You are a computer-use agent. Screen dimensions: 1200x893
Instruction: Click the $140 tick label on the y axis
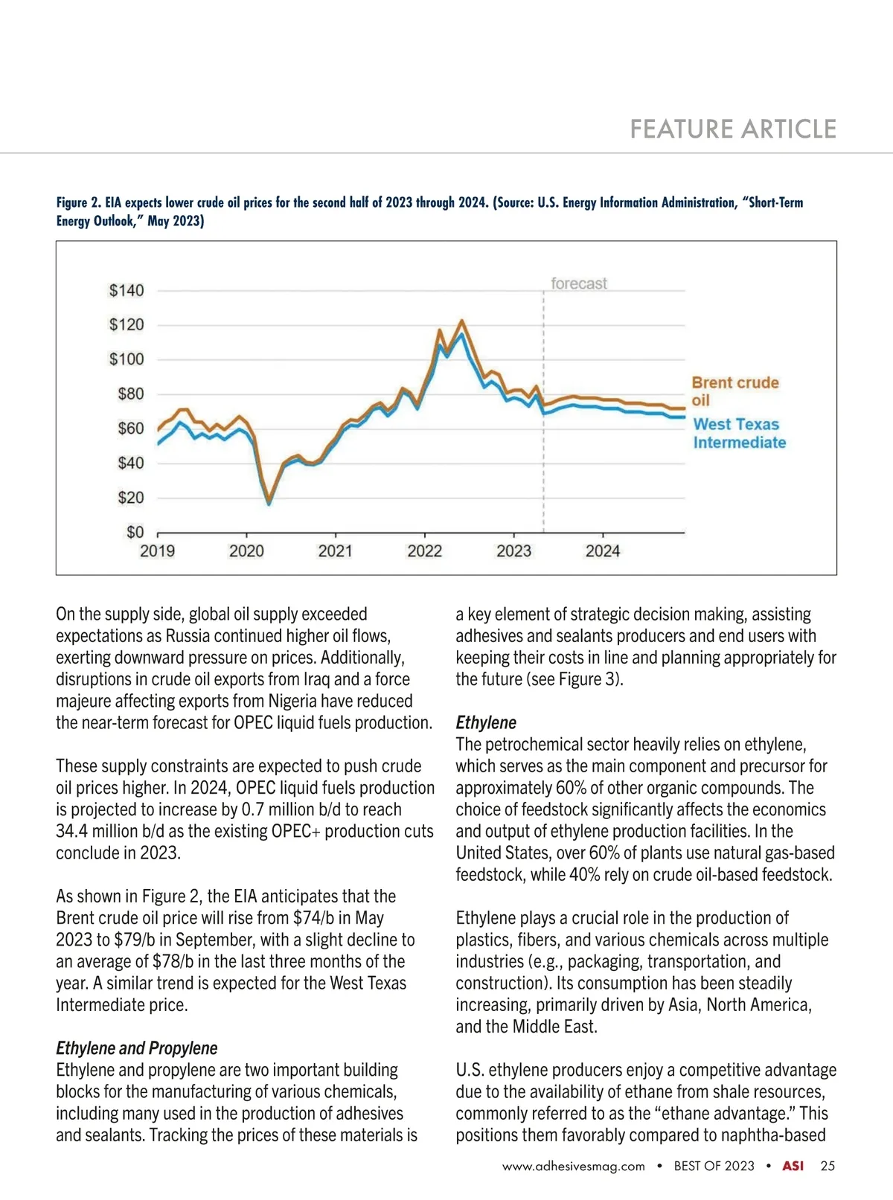pos(127,290)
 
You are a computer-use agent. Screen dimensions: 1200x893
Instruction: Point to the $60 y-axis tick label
pos(130,429)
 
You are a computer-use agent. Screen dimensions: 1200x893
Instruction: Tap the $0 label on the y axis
pos(135,532)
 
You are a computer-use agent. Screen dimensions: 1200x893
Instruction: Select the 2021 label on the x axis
pos(335,551)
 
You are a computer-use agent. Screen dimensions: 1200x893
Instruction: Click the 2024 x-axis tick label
pos(602,551)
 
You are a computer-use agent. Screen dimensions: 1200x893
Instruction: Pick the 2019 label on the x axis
pos(158,551)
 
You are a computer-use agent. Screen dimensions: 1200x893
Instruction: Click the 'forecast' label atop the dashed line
pos(578,283)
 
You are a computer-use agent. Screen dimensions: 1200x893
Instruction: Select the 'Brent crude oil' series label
pos(734,391)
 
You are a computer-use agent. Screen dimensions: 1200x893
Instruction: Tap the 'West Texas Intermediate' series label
pos(739,433)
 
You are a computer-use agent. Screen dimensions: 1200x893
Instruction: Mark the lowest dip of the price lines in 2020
pos(269,503)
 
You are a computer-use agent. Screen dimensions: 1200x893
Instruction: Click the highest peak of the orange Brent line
pos(462,321)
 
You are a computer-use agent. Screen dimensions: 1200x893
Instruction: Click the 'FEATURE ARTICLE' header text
pos(733,129)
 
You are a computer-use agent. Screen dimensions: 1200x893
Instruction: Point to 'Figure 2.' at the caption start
pos(79,202)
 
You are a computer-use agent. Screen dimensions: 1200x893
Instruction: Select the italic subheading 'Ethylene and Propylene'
pos(137,1048)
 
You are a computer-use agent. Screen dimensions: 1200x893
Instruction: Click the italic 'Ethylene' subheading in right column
pos(486,722)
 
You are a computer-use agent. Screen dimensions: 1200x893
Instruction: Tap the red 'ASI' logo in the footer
pos(793,1166)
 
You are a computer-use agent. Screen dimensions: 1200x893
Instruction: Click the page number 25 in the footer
pos(828,1166)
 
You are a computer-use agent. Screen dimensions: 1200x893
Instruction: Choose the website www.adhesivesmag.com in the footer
pos(573,1167)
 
